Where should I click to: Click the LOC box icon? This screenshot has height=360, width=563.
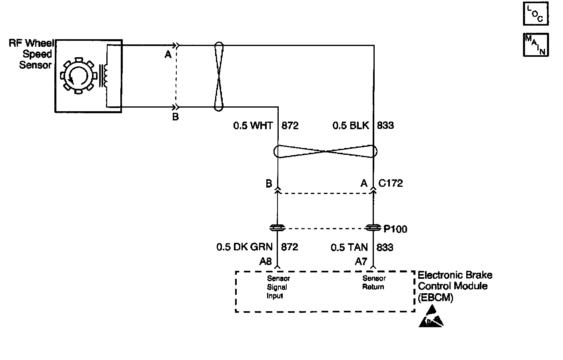coord(535,14)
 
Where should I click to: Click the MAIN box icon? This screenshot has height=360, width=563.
coord(535,45)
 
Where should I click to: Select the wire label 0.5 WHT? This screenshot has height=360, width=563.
coord(253,126)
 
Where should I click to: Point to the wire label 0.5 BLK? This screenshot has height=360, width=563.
coord(351,125)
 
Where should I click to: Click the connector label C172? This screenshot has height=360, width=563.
coord(390,183)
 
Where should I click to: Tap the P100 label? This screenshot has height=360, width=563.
coord(395,229)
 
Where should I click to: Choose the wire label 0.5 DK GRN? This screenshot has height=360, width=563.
coord(244,247)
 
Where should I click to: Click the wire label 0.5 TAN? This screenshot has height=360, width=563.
coord(349,247)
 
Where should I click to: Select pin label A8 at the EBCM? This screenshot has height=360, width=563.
coord(266,262)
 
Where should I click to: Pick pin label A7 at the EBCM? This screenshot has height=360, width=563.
coord(361,262)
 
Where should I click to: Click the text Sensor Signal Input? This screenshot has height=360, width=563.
coord(278,287)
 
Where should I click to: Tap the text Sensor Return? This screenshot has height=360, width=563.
coord(374,282)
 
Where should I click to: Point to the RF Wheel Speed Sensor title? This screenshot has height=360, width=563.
coord(31,54)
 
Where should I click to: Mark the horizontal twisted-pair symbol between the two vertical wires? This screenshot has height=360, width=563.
coord(325,151)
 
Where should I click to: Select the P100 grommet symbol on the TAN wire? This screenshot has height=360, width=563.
coord(373,228)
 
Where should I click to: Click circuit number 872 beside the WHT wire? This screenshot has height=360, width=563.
coord(290,126)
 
